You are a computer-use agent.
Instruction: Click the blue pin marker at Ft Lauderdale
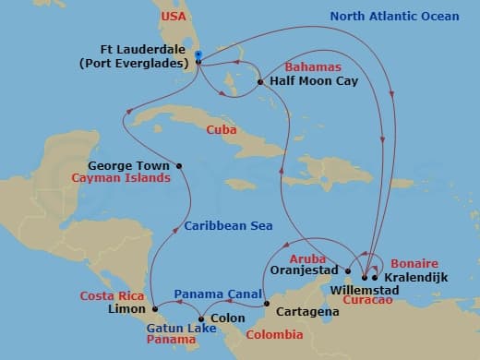(x=198, y=55)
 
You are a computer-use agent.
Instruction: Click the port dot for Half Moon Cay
(x=261, y=82)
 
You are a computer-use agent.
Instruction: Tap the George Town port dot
(x=179, y=166)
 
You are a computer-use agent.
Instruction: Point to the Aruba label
(x=308, y=258)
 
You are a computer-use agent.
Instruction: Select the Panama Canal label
(x=219, y=294)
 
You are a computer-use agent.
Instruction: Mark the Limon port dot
(x=154, y=308)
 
